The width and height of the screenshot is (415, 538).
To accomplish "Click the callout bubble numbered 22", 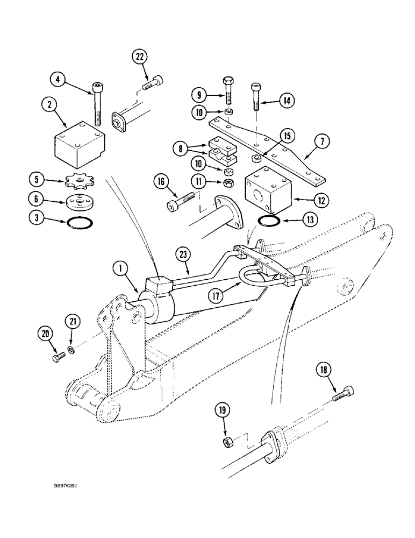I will (x=140, y=58).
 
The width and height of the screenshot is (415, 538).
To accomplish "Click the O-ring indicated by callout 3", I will (x=79, y=220).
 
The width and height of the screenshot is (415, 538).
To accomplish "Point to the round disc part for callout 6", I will (x=80, y=200).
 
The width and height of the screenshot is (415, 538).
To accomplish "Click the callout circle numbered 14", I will (x=285, y=100).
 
